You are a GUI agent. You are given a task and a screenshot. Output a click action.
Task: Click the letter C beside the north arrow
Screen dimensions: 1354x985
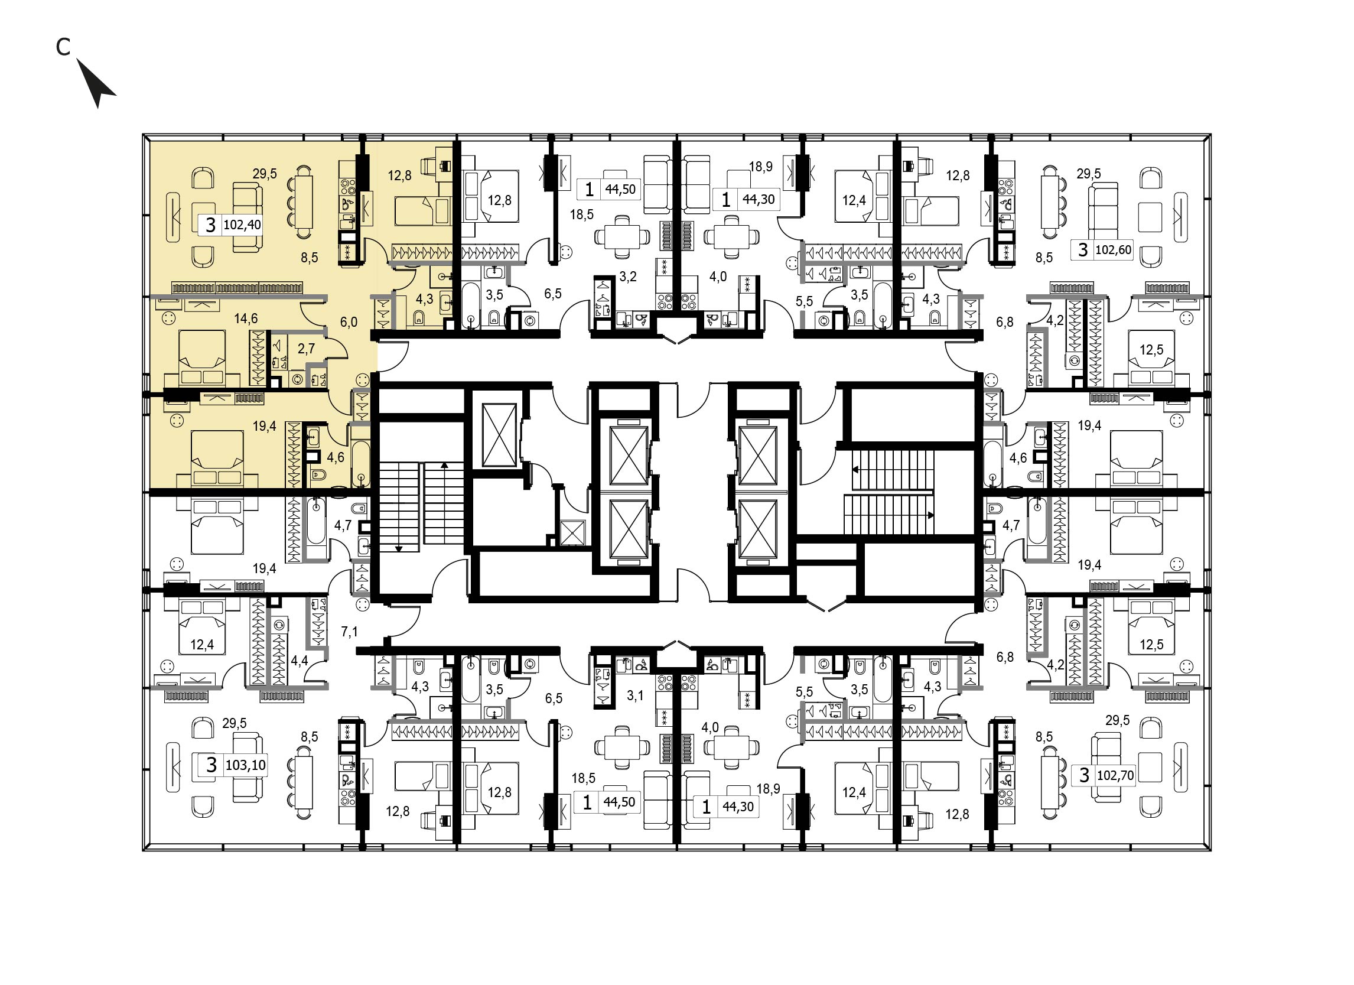[x=63, y=47]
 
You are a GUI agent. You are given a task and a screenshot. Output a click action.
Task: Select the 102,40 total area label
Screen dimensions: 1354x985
[x=242, y=225]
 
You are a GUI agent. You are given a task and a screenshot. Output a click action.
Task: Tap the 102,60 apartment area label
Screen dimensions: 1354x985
[x=1114, y=249]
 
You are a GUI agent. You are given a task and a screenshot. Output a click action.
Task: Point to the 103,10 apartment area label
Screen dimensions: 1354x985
[x=246, y=765]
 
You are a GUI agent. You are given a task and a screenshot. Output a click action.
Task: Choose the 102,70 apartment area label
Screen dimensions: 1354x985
[x=1115, y=775]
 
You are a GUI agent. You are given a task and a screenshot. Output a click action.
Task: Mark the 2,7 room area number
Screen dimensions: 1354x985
[x=306, y=348]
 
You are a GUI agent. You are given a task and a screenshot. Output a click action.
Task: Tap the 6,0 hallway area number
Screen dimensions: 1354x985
[x=349, y=322]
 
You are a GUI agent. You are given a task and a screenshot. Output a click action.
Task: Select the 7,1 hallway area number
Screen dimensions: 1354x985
[x=350, y=632]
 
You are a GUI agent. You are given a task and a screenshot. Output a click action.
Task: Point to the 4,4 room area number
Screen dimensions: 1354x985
[x=300, y=660]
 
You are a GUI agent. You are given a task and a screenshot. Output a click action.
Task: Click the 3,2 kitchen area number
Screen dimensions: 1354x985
[x=628, y=277]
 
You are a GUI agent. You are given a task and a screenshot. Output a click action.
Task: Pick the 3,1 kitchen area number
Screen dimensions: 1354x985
[x=635, y=695]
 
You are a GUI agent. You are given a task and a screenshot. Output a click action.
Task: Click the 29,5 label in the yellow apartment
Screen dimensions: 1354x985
[x=265, y=174]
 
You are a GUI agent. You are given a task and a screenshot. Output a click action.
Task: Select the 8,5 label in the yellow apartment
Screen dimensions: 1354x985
[x=309, y=258]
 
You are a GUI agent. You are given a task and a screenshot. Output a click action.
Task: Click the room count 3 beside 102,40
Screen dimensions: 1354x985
[x=210, y=225]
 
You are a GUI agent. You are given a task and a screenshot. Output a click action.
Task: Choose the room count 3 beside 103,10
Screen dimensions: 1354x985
[x=211, y=765]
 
